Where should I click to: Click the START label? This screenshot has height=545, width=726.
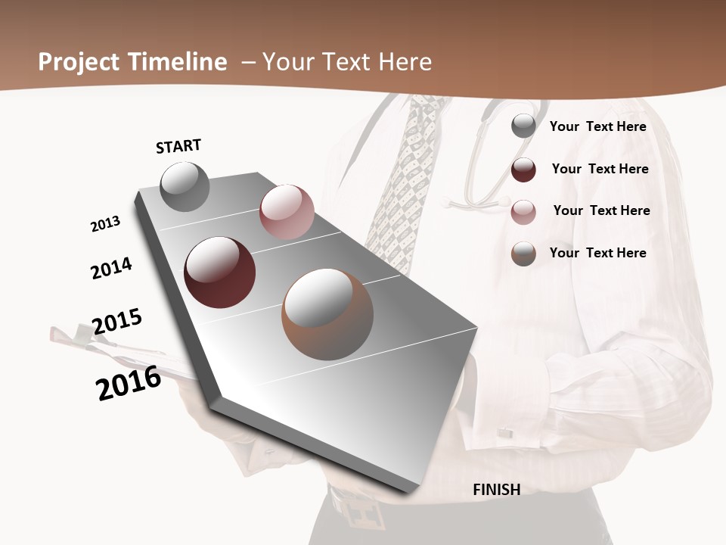coord(178,146)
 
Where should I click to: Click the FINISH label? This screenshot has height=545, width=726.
coord(496,490)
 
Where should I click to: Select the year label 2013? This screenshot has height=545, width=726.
coord(105,224)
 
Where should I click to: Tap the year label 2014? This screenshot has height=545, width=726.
coord(111,269)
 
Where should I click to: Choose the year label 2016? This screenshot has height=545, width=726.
coord(129,383)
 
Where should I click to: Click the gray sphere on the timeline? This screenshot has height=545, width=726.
coord(185,186)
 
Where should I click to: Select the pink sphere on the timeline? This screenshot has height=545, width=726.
coord(287,212)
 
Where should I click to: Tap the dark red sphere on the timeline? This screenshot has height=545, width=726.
coord(219,272)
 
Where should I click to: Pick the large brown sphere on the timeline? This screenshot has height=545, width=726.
coord(327,313)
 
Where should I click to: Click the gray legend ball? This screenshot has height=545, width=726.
coord(523,126)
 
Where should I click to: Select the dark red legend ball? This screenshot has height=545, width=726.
coord(523,170)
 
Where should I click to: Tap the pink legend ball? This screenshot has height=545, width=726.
coord(523,212)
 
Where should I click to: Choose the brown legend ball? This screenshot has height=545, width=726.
coord(523,254)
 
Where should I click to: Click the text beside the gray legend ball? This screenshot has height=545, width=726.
coord(597,126)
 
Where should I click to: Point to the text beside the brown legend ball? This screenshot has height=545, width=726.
coord(597,253)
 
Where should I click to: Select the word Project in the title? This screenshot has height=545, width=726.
coord(76,62)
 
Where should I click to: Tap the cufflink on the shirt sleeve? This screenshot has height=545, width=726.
coord(504,433)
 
